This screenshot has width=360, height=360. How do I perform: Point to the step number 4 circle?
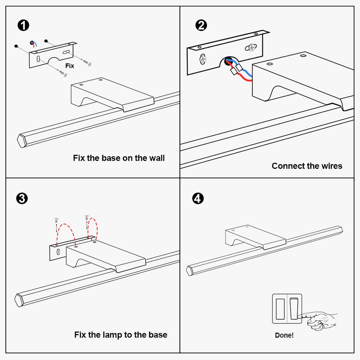tap(197, 198)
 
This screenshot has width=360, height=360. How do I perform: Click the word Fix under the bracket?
tap(69, 66)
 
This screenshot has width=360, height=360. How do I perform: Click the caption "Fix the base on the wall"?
tap(119, 158)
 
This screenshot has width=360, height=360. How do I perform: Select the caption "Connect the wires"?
tap(307, 166)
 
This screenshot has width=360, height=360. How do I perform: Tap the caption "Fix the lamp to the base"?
tap(121, 335)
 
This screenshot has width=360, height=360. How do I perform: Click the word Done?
tap(284, 335)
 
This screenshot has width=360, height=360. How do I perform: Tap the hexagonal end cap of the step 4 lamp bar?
tap(190, 269)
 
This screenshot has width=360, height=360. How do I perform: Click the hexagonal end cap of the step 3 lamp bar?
tap(20, 300)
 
